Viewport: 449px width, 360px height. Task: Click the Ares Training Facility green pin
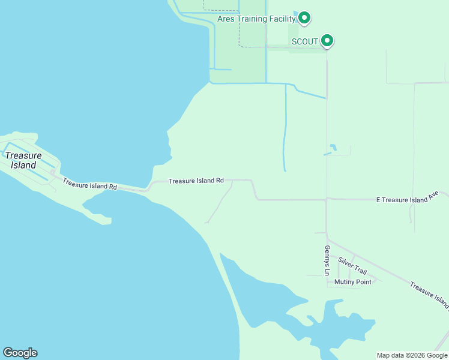click(304, 18)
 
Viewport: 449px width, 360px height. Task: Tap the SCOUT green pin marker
click(327, 40)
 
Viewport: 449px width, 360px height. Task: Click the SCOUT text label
click(304, 41)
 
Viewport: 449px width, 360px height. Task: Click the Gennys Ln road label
click(327, 260)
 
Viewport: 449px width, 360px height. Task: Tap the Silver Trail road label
click(352, 266)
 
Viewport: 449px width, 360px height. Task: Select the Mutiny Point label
click(353, 281)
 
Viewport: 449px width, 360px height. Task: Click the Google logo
click(20, 353)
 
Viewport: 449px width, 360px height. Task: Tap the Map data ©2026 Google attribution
click(412, 355)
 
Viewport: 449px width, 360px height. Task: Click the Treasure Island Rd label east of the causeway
click(196, 180)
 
